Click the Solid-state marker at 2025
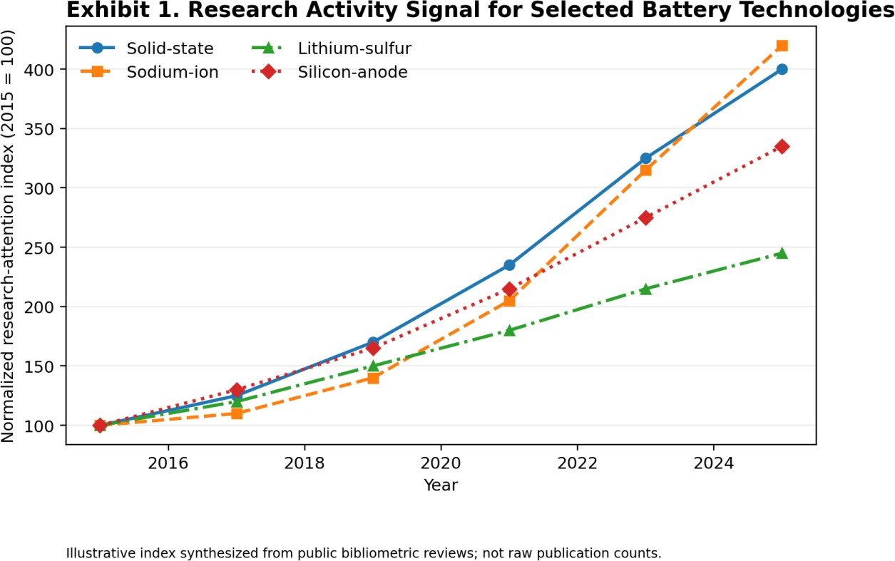tap(782, 69)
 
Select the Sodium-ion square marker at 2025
tap(782, 46)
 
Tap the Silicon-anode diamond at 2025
tap(782, 147)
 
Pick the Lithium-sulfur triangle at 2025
tap(782, 253)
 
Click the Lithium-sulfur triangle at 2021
tap(509, 330)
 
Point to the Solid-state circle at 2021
tap(509, 264)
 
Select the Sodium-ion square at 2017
tap(237, 413)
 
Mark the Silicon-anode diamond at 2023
tap(645, 217)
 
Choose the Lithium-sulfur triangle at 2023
tap(645, 289)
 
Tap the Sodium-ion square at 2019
tap(373, 378)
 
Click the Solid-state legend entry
tap(146, 48)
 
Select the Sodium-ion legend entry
tap(149, 72)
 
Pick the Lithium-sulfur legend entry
tap(331, 48)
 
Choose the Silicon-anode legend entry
tap(329, 72)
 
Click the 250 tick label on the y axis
tap(39, 248)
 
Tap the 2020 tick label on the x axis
tap(441, 463)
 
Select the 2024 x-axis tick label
tap(714, 463)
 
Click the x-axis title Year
tap(441, 485)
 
